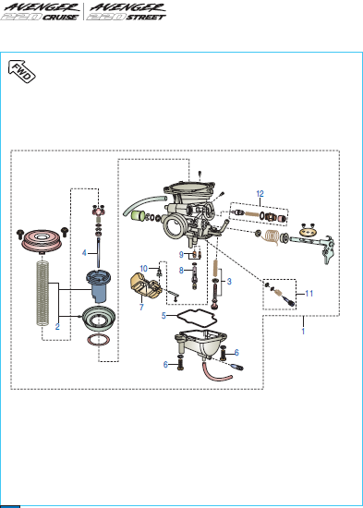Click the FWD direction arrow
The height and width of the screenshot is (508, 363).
pos(22,71)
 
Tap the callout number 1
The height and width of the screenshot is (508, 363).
pos(303,331)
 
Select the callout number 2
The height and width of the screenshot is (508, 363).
pos(57,327)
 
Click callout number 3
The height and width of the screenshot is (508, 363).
pos(229,281)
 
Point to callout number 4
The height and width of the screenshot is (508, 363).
pos(84,252)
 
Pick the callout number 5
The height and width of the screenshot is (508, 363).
pos(163,315)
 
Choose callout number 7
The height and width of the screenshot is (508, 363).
pos(141,307)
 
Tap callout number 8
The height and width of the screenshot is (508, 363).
pos(181,270)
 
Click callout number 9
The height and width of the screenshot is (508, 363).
pos(181,255)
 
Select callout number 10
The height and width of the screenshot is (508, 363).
pos(144,268)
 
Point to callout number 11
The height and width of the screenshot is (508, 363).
pos(309,293)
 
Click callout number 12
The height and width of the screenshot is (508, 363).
pos(260,194)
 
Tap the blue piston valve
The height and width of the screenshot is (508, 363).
pos(99,285)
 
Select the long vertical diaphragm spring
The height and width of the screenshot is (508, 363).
pos(42,293)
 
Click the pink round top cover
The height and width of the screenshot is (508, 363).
pos(41,240)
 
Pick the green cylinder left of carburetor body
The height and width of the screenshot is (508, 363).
pos(138,215)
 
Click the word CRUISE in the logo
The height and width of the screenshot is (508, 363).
pos(61,18)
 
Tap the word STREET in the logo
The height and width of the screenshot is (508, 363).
pos(146,18)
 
